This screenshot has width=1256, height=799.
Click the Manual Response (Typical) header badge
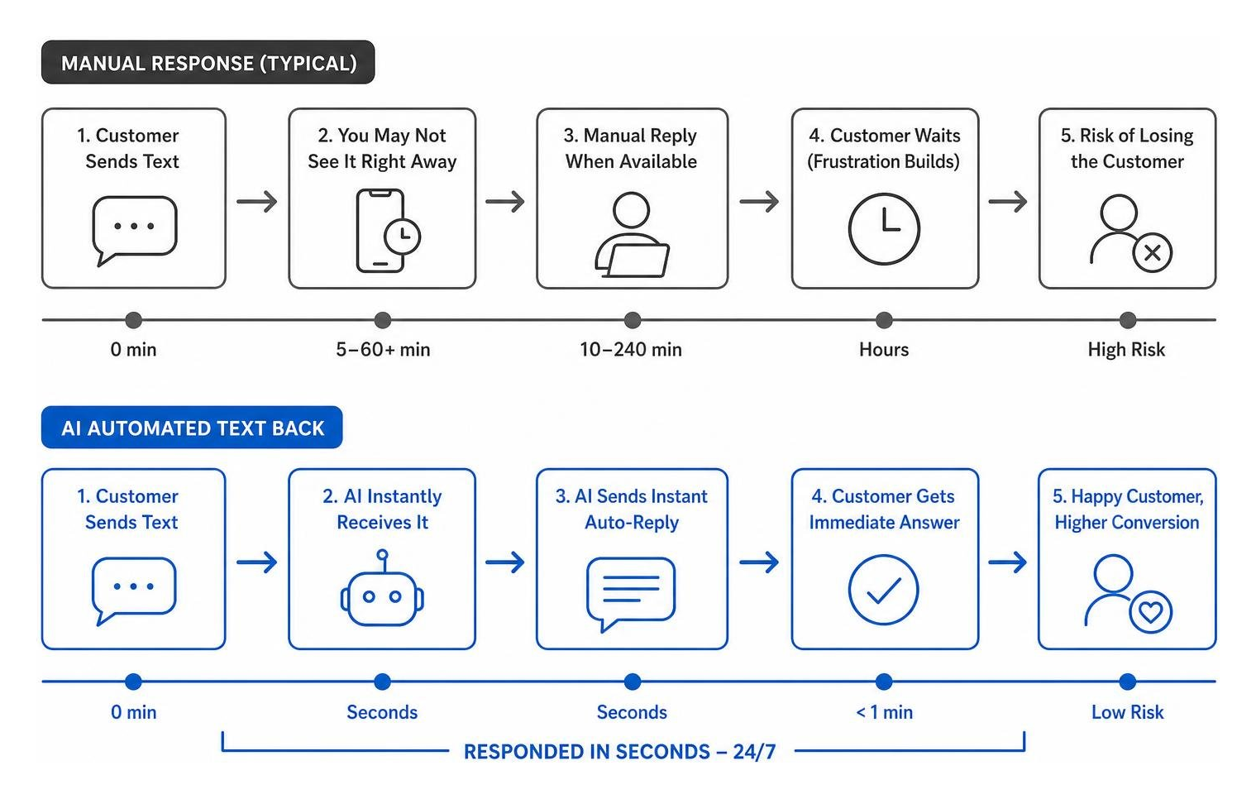click(208, 62)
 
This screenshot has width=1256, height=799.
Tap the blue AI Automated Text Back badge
click(192, 428)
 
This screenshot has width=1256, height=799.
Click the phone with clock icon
click(388, 231)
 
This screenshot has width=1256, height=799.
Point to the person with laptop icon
click(632, 235)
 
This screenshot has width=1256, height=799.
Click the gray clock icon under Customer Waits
click(884, 229)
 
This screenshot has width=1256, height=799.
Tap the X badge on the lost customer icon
click(1153, 253)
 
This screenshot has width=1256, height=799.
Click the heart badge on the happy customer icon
click(1151, 612)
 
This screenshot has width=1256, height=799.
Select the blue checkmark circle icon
click(884, 590)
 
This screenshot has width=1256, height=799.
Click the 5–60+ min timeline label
click(383, 349)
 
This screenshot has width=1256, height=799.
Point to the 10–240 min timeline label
click(631, 349)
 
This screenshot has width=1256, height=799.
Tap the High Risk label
click(1126, 349)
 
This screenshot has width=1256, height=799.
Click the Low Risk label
click(1128, 712)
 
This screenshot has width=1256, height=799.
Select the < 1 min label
click(884, 712)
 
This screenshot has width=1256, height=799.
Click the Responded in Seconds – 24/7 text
click(620, 751)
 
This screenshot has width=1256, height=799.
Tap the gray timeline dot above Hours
click(884, 320)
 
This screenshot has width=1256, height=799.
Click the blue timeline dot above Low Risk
click(1128, 682)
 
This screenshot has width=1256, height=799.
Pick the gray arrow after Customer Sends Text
click(257, 201)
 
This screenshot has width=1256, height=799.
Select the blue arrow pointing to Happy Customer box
click(1008, 562)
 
